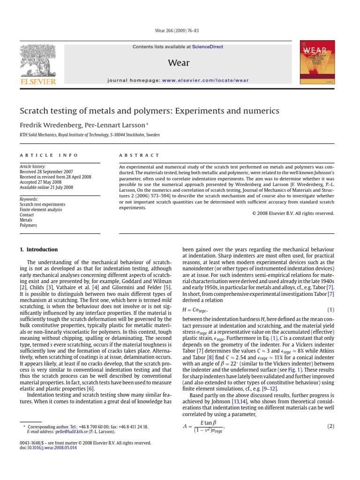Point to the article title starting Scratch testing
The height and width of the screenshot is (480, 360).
click(149, 111)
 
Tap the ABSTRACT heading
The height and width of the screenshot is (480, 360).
click(139, 155)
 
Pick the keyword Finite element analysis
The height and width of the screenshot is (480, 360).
click(41, 210)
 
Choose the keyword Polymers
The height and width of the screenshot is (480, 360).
click(28, 225)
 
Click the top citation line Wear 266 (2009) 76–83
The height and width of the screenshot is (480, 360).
click(180, 31)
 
